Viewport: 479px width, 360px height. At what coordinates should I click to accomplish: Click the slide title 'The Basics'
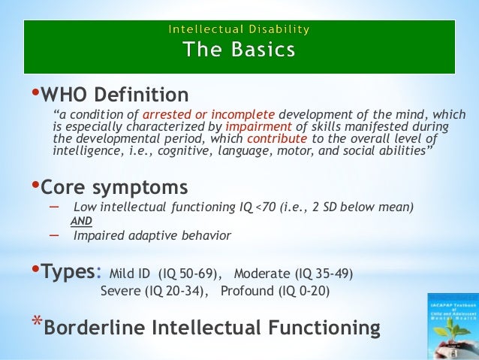click(239, 50)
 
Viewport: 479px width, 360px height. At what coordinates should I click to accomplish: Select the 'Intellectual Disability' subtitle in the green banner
click(239, 31)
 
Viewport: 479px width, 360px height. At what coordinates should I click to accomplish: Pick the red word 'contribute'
click(276, 139)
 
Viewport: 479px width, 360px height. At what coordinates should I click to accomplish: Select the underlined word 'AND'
click(80, 221)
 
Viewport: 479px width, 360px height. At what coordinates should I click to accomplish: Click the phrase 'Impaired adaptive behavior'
click(152, 235)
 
